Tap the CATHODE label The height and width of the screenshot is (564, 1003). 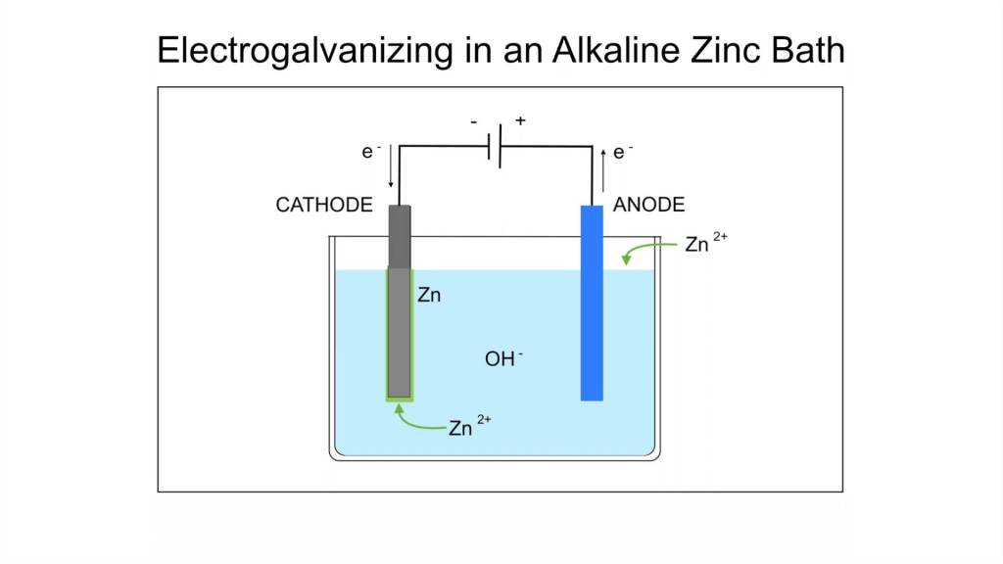tap(324, 205)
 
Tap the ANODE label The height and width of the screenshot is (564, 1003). tap(648, 205)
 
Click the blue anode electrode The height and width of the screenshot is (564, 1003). tap(592, 304)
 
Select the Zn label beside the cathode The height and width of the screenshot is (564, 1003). tap(429, 294)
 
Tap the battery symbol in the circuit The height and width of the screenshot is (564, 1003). tap(497, 146)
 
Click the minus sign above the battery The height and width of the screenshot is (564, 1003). tap(474, 123)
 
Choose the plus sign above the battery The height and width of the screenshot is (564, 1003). tap(520, 121)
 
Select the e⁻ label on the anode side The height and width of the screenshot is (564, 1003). tap(622, 152)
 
